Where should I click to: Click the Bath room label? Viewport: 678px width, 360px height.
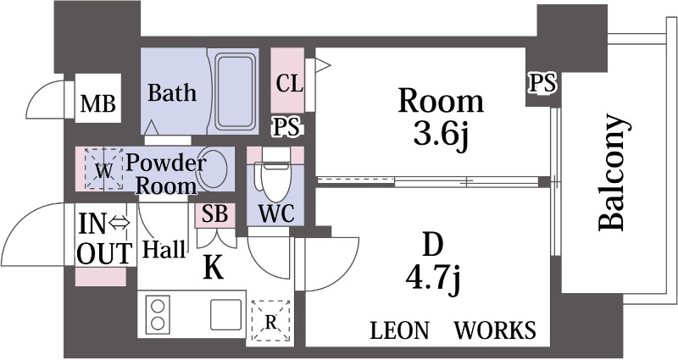[172, 92]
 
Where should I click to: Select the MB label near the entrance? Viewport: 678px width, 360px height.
[98, 105]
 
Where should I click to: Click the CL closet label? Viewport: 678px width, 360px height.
[289, 84]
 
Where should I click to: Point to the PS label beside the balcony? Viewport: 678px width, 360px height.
[543, 83]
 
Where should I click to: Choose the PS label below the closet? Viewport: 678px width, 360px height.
[288, 127]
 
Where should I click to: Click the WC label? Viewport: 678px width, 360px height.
[276, 213]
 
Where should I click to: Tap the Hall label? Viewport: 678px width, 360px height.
[164, 249]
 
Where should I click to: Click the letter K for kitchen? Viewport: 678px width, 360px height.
[214, 269]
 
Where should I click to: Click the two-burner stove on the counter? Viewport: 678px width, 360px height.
[158, 314]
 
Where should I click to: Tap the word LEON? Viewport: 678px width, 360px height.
[399, 330]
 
